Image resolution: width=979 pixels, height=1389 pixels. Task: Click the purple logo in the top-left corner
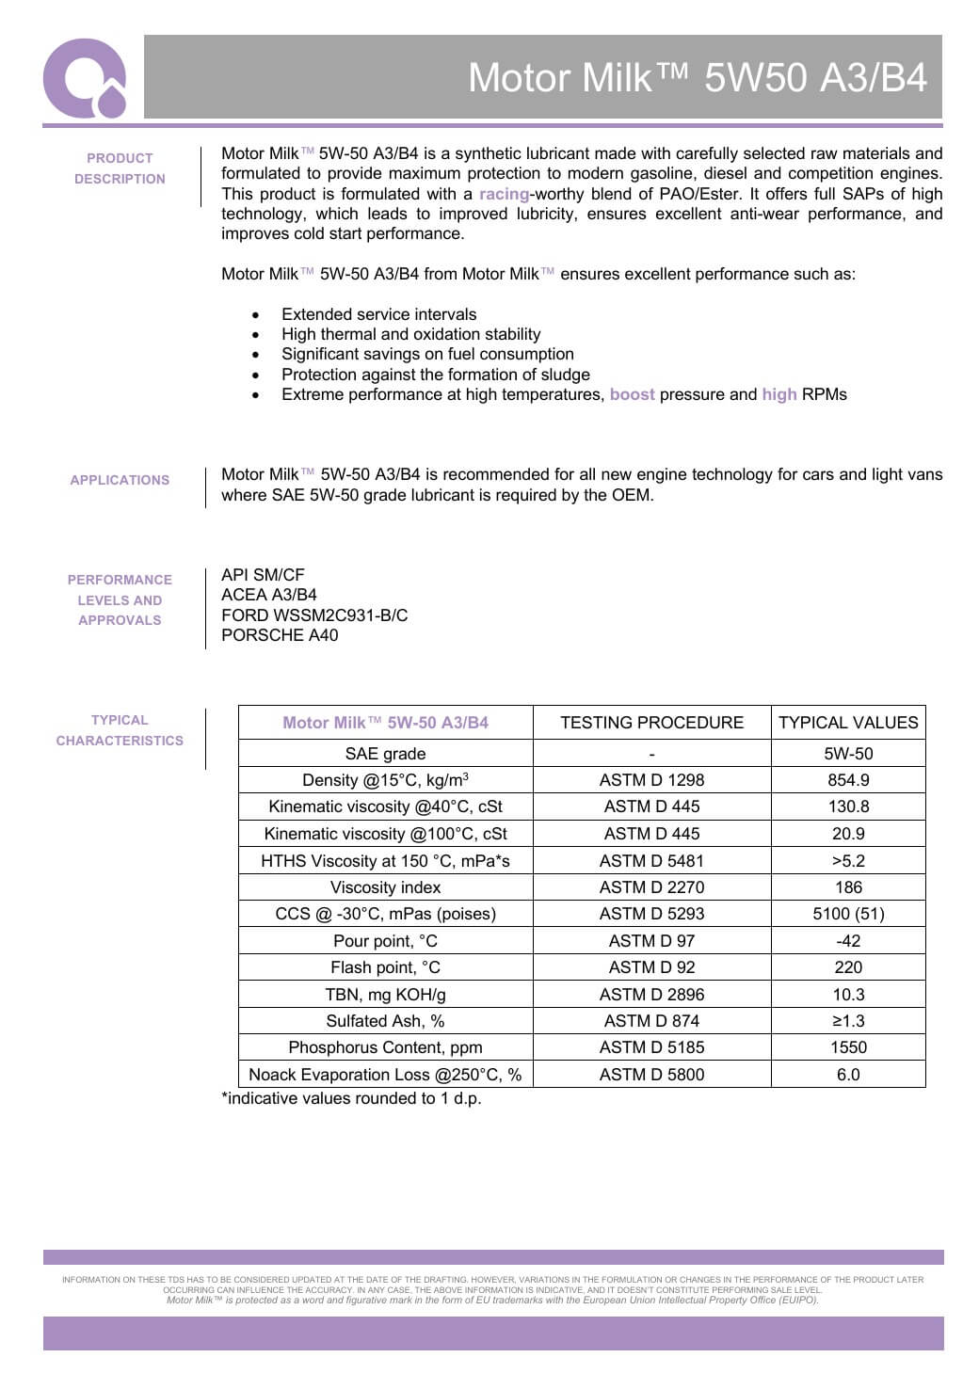(x=84, y=79)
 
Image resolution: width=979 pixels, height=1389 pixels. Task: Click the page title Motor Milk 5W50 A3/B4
(x=698, y=77)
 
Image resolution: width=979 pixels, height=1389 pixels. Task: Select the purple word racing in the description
(x=504, y=194)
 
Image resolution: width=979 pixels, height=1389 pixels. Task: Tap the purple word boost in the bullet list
(x=632, y=394)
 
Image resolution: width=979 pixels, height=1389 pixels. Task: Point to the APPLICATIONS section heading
(x=120, y=480)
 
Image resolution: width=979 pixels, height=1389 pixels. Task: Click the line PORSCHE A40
(x=280, y=635)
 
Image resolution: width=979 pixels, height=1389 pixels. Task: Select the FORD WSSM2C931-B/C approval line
(x=314, y=615)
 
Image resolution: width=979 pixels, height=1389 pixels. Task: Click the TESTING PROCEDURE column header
(x=651, y=723)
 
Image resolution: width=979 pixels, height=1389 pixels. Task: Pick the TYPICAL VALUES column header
(x=848, y=723)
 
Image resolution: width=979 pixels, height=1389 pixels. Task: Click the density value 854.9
(x=848, y=780)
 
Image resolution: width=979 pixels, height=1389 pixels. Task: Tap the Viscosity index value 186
(x=848, y=887)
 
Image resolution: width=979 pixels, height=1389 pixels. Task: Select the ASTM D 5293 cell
(x=651, y=914)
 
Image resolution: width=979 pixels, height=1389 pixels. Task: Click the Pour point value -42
(x=848, y=941)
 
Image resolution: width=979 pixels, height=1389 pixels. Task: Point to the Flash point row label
(x=385, y=967)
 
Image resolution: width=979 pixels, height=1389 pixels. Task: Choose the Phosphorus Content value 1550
(x=848, y=1047)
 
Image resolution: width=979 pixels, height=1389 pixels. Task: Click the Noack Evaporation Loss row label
(x=385, y=1075)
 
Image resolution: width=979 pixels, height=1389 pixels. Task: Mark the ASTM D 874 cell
(x=651, y=1021)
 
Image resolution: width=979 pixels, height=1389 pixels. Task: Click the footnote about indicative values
(x=351, y=1098)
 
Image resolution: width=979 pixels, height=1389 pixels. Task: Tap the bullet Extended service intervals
(x=378, y=314)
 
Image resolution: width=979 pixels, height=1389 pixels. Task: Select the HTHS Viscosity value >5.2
(x=848, y=861)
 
